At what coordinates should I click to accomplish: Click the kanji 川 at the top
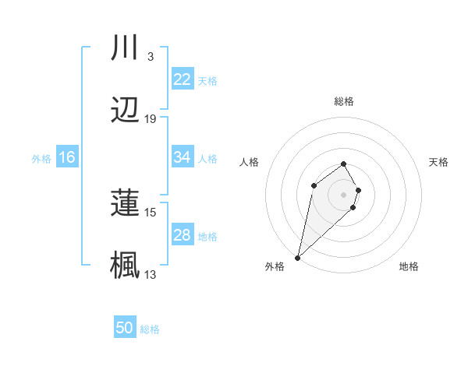point(126,48)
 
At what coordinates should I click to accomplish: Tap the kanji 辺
point(126,112)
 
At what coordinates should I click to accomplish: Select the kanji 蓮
point(126,203)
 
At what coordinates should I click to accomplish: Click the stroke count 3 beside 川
point(150,56)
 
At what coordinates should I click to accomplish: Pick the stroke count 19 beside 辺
point(151,119)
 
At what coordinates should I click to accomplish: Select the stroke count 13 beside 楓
point(151,274)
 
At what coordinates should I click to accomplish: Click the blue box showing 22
point(183,79)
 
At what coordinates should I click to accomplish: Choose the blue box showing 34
point(183,157)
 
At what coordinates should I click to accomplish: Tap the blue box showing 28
point(183,235)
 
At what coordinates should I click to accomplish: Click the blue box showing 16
point(67,157)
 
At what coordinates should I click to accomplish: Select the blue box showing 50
point(125,328)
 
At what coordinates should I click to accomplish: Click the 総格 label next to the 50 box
point(150,329)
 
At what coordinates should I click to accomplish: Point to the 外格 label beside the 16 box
point(41,158)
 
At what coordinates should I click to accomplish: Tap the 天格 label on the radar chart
point(438,162)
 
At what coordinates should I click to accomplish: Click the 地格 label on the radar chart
point(409,266)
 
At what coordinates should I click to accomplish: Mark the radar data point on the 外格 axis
point(298,257)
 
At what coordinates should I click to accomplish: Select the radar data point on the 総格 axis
point(343,164)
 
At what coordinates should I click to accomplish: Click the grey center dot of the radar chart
point(343,194)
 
